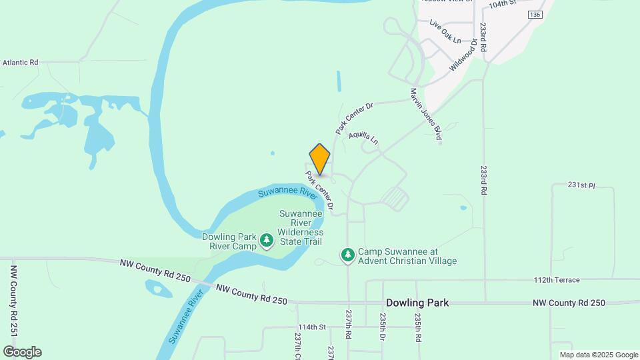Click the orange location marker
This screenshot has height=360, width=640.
[320, 159]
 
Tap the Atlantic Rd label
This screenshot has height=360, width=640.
[20, 62]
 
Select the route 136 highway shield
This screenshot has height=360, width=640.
[534, 14]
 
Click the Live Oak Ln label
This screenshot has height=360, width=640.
[445, 31]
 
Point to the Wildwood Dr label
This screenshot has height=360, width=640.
[465, 55]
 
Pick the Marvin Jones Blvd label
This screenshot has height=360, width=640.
[426, 114]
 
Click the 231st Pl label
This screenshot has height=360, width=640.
[581, 184]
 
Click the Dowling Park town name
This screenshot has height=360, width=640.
[417, 303]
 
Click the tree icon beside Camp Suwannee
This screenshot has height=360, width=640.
[347, 255]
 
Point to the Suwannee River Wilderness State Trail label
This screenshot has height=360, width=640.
[301, 227]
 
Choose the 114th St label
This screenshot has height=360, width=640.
[311, 327]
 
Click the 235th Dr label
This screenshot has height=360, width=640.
[383, 327]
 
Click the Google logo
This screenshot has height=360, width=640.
[22, 352]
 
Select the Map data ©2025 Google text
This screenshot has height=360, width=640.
[598, 355]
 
